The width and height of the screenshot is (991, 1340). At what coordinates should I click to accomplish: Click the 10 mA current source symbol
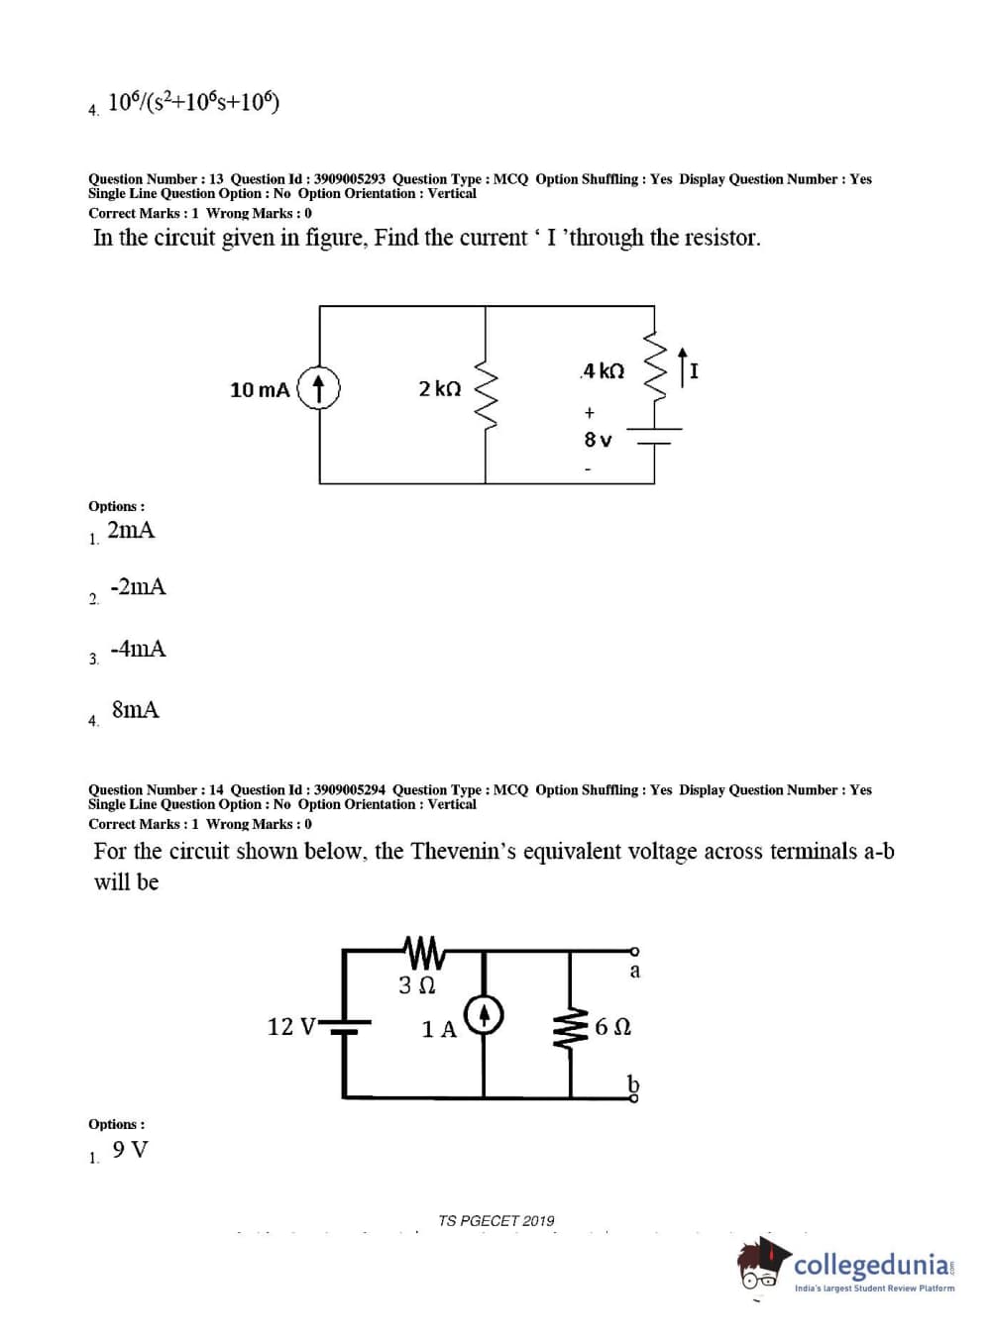(319, 388)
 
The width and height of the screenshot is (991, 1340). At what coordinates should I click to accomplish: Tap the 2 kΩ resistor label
(439, 388)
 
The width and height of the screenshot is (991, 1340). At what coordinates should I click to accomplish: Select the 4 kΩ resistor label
(603, 370)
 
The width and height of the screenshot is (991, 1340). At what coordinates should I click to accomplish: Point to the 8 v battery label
(598, 439)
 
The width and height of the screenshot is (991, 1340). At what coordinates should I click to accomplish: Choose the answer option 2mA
(131, 530)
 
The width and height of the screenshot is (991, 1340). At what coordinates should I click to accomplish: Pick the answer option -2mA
(138, 587)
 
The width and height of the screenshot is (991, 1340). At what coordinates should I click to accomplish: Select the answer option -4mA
(138, 649)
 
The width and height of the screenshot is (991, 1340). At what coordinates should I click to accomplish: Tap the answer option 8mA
(135, 709)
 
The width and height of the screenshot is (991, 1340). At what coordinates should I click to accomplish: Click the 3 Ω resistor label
(416, 985)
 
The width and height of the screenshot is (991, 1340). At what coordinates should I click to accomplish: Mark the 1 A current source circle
(485, 1015)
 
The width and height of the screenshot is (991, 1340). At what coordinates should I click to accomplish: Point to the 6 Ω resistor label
(613, 1027)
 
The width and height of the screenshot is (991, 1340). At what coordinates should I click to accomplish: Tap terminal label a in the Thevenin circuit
(635, 971)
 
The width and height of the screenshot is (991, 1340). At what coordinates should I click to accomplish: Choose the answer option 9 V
(130, 1150)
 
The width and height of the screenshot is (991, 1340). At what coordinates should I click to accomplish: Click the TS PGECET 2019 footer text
(496, 1221)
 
